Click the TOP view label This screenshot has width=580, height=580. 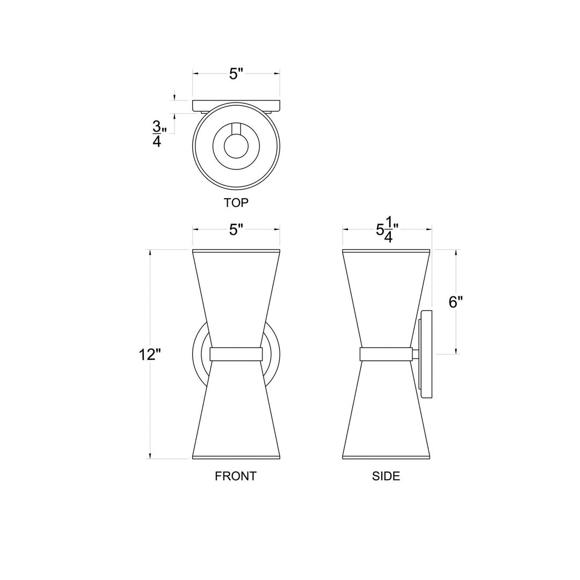[236, 203]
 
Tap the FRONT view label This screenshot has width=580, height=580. [236, 476]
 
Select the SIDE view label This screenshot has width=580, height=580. [386, 476]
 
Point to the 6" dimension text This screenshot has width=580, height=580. [455, 302]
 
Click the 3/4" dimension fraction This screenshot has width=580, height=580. [157, 134]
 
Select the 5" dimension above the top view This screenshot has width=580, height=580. [236, 74]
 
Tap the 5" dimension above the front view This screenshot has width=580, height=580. [236, 230]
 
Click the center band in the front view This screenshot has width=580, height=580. [236, 354]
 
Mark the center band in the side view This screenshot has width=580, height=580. [386, 354]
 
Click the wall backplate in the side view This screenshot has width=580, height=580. [427, 354]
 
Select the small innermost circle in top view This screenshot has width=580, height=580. [236, 146]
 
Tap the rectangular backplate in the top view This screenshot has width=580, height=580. [236, 105]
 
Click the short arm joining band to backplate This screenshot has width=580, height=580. [416, 354]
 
